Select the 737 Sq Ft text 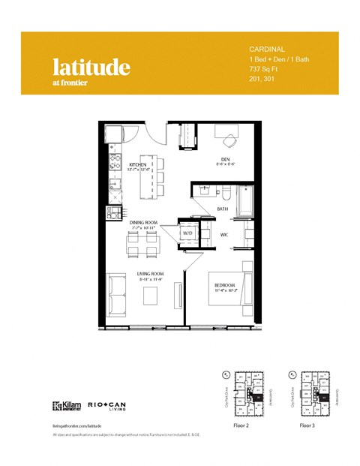pyautogui.click(x=263, y=68)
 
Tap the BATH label pyautogui.click(x=223, y=209)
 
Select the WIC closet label pyautogui.click(x=223, y=235)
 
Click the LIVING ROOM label pyautogui.click(x=151, y=275)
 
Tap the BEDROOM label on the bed pyautogui.click(x=225, y=286)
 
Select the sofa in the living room pyautogui.click(x=117, y=291)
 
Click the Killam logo pyautogui.click(x=66, y=407)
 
